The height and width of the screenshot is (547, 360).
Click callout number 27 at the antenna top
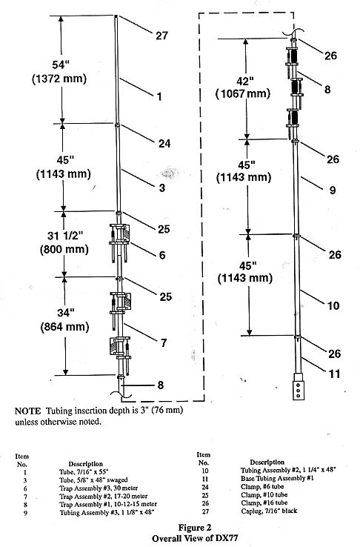161,36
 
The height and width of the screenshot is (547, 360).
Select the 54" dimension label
61,64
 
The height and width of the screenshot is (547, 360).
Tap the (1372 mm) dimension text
59,79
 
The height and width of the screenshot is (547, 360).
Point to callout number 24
164,143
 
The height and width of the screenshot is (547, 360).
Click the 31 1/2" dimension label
65,236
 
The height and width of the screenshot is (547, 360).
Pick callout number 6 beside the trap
162,255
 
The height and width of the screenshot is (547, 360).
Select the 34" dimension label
64,313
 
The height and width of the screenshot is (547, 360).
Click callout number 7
164,343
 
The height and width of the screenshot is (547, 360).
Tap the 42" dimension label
245,82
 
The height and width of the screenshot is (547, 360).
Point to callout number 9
333,190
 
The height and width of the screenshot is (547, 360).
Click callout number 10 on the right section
333,306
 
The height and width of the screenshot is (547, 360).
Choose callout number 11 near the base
335,374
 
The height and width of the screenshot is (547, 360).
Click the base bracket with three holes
299,386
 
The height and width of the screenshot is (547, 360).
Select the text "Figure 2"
195,527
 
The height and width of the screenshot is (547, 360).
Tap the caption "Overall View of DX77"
195,538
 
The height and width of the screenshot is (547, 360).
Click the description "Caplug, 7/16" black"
269,511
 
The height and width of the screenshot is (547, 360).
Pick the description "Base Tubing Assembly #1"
277,479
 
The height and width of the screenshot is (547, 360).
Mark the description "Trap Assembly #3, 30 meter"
99,488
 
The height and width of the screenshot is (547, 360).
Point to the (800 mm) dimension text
64,250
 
